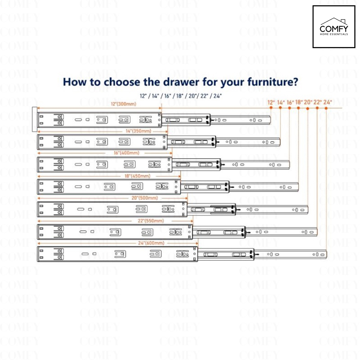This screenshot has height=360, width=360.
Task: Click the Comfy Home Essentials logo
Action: pos(334,27)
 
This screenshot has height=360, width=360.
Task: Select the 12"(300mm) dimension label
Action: pos(123,104)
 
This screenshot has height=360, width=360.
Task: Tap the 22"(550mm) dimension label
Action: pos(151,221)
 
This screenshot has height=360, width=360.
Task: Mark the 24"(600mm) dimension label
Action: pos(152,243)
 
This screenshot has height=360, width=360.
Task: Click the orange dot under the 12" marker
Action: pos(271,108)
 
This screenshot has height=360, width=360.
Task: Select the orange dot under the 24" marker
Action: pos(326,108)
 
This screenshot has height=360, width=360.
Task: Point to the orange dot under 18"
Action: pos(298,108)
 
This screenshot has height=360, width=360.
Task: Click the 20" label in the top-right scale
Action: pos(308,102)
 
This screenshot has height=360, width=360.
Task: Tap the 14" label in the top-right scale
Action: pos(281,102)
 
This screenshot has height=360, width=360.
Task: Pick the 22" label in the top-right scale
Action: pos(317,102)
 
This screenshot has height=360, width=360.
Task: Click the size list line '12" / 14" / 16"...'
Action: pos(181,95)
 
